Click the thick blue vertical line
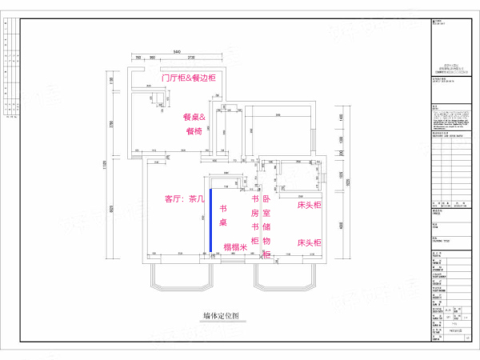(210, 219)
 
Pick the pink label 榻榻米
(234, 247)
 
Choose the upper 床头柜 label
(309, 206)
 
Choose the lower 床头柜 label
(309, 242)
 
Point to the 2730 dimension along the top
(193, 58)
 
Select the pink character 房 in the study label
(255, 214)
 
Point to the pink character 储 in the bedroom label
(266, 227)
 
